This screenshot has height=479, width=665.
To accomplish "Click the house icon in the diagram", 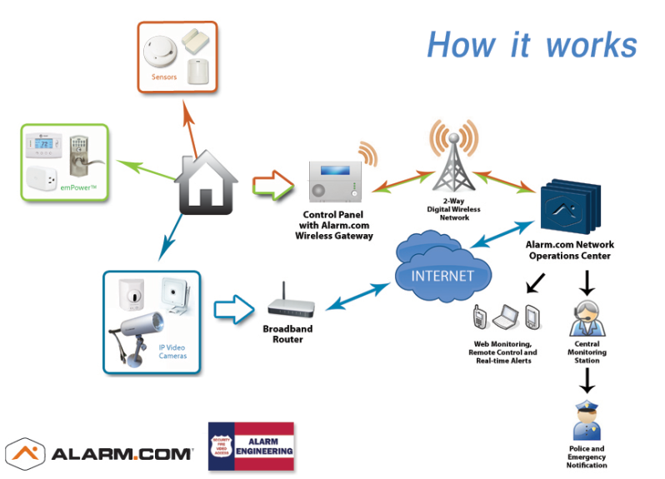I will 206,184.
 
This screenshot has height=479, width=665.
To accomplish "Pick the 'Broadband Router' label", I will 287,334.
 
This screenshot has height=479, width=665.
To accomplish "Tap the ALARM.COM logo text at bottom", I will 122,455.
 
